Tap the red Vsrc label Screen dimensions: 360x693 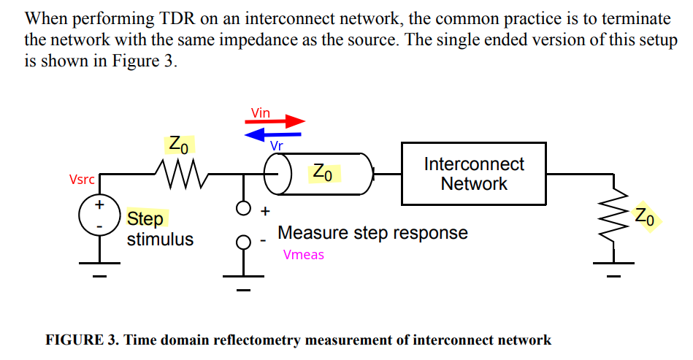point(81,180)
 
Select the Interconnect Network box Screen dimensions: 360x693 point(474,174)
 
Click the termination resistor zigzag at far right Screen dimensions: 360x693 point(613,215)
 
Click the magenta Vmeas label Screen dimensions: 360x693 point(303,255)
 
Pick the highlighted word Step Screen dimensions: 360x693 point(145,218)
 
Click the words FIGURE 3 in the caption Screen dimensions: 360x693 point(80,340)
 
